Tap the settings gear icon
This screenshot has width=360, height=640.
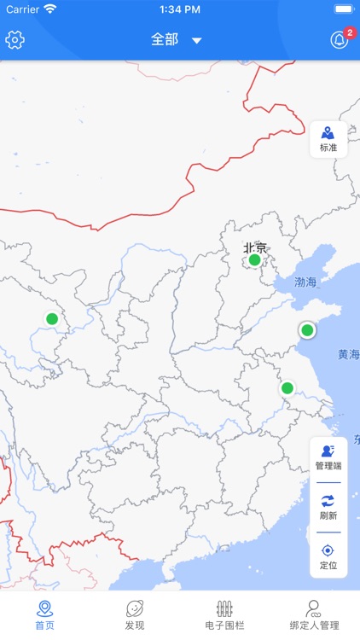(x=15, y=40)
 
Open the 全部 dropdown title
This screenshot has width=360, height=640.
(x=176, y=40)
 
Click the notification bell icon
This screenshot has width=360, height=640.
(x=340, y=40)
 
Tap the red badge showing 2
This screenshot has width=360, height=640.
(x=350, y=32)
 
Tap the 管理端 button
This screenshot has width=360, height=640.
(x=328, y=458)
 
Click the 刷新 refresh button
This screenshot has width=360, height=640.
(x=328, y=508)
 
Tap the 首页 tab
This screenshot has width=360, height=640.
(x=44, y=615)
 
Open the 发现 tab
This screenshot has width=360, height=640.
(x=135, y=615)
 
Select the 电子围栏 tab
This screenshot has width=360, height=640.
(x=225, y=615)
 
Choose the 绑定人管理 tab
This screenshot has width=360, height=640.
(x=315, y=615)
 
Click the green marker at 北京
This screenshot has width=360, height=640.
(x=254, y=260)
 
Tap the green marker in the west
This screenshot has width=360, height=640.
(x=52, y=319)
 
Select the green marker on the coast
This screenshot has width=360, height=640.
(x=307, y=330)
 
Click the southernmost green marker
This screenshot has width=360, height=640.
(x=287, y=388)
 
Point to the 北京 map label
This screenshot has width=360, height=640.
(x=255, y=247)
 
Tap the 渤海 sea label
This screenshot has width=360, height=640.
(x=305, y=282)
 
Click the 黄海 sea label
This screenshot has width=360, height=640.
(x=348, y=354)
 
